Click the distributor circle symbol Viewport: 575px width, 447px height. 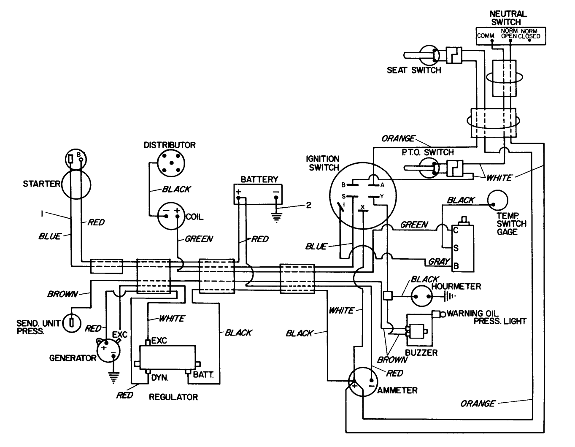tap(170, 163)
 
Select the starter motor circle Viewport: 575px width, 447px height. tap(76, 184)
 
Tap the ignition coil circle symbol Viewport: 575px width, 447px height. tap(172, 217)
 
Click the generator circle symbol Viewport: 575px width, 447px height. tap(108, 349)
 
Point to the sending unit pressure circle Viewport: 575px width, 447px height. tap(73, 324)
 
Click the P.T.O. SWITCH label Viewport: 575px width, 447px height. tap(427, 152)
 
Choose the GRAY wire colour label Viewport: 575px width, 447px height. tap(439, 262)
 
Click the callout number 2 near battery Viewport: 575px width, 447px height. tap(308, 205)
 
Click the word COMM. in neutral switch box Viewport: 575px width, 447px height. tap(486, 36)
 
